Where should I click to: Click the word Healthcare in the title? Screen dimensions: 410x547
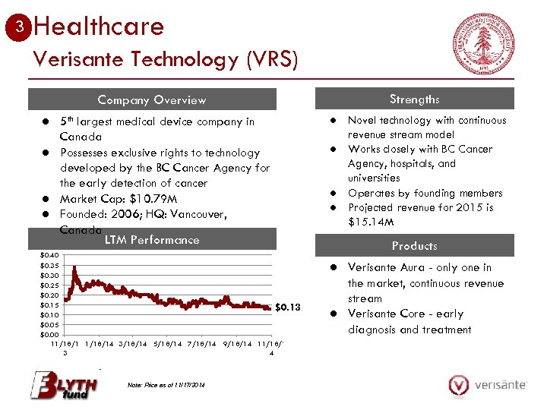99,27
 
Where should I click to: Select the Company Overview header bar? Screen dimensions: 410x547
152,99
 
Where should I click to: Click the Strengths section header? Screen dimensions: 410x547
414,99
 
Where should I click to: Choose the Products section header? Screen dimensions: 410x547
414,246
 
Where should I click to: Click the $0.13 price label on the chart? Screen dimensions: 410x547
288,307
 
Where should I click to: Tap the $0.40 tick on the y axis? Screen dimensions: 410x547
49,255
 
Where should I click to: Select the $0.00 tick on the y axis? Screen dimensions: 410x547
49,334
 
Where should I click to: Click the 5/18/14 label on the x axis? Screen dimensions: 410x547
168,344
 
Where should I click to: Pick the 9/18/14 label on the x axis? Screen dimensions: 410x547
238,344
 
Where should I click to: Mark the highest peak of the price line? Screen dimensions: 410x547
74,267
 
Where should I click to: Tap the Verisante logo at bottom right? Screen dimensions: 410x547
487,385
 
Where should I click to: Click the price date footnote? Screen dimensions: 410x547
167,385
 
